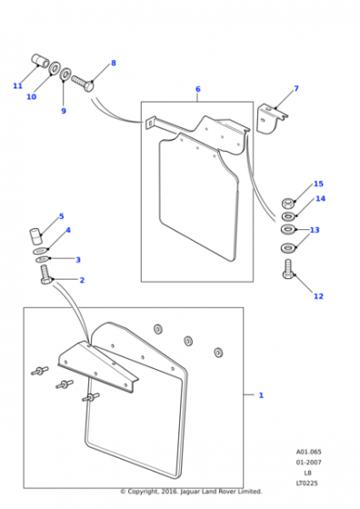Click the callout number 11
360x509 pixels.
tap(18, 85)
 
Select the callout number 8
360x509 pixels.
tap(114, 63)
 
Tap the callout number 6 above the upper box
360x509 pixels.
tap(198, 89)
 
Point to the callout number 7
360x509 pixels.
tap(296, 88)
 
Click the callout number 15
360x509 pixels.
tap(318, 184)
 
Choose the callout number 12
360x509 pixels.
tap(318, 296)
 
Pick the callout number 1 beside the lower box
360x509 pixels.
tap(261, 395)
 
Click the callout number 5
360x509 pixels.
tap(61, 216)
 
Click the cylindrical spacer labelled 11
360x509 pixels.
tap(40, 61)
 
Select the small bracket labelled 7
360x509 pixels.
tap(272, 118)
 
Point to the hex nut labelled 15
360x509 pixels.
tap(288, 204)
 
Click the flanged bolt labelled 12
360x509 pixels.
tap(288, 269)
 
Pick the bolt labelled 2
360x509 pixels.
tap(45, 274)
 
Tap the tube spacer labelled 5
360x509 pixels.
tap(35, 236)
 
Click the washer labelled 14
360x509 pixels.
tap(288, 215)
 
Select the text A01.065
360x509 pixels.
tap(308, 452)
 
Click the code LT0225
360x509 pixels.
tap(306, 483)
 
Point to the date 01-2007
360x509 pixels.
tap(308, 462)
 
